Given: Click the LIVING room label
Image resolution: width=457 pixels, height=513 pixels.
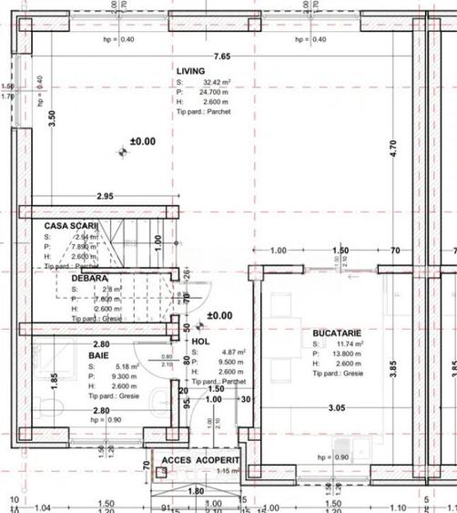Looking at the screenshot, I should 192,70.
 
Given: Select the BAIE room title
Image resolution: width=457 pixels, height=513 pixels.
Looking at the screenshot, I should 99,356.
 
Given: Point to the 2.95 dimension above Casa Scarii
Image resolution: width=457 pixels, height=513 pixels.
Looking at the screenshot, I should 106,196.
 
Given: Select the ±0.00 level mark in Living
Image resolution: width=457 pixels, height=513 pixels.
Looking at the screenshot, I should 143,142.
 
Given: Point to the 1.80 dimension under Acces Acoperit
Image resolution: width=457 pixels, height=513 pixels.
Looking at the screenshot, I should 194,491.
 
